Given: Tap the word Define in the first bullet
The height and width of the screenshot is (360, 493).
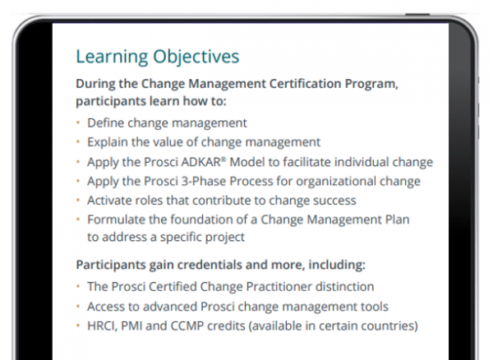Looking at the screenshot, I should [105, 122].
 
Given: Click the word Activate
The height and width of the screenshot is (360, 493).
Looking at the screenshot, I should [111, 200].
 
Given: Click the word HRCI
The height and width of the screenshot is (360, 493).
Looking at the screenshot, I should [103, 326].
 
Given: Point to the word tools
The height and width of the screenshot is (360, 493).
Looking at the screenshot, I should [375, 307].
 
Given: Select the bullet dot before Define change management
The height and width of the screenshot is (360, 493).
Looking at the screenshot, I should [79, 122].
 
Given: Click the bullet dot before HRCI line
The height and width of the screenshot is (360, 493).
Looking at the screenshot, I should [79, 326].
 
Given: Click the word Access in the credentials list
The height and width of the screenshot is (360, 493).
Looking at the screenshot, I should [107, 307].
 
